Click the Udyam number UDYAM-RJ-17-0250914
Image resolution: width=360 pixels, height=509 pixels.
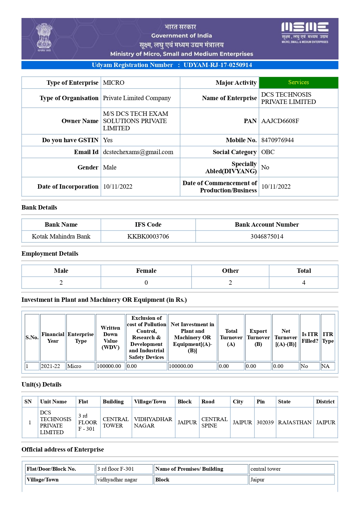217,65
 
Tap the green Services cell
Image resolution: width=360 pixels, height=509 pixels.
298,82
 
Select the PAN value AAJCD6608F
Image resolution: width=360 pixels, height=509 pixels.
280,121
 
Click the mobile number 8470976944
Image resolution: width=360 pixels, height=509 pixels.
277,140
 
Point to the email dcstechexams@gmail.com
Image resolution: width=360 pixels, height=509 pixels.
138,152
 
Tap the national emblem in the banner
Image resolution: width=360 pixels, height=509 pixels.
44,37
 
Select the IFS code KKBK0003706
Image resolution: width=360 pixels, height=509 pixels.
148,237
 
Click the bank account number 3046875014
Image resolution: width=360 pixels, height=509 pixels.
267,237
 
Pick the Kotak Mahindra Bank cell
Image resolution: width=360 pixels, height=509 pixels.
61,237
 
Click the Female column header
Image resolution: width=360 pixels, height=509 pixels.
146,271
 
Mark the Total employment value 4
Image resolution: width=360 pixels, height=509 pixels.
304,283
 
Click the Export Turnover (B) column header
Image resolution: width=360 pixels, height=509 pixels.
258,337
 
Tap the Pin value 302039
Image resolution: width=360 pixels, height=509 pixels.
265,423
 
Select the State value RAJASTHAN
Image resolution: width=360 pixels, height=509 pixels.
294,423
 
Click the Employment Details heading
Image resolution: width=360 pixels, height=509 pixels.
50,254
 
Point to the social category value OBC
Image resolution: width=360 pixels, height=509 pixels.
268,152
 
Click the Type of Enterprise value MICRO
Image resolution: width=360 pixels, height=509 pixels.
114,83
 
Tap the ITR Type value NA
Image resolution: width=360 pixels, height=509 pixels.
325,366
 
